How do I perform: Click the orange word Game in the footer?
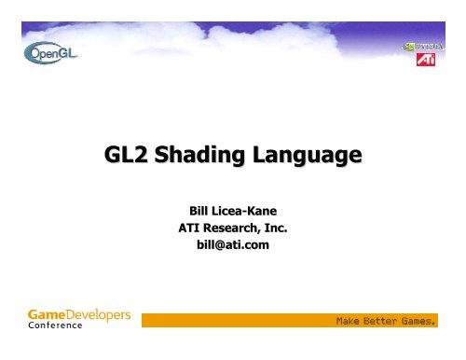click(47, 314)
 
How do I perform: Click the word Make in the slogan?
click(351, 325)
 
